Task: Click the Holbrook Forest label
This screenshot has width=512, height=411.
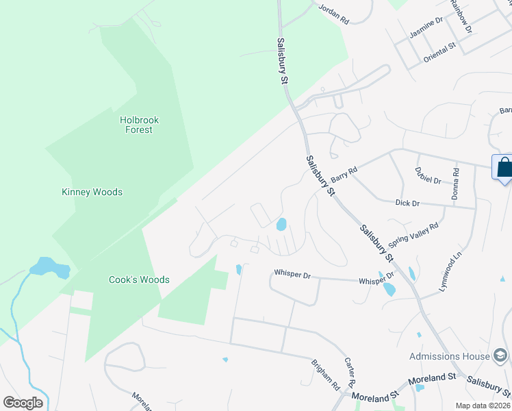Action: (139, 125)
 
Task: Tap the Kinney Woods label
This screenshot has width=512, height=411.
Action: (92, 192)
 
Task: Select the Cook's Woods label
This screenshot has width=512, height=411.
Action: (139, 280)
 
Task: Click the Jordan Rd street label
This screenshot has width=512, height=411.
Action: (334, 14)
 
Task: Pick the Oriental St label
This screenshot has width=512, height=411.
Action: (439, 53)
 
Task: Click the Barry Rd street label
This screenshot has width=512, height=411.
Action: (344, 175)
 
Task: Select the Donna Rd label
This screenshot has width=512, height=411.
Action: (455, 182)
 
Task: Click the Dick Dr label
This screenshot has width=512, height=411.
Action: (407, 203)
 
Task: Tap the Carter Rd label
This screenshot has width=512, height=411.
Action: (353, 371)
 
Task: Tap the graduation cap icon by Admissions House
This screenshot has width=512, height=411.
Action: (500, 356)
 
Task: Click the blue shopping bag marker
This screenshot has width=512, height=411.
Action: (504, 168)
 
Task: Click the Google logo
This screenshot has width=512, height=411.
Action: (23, 403)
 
